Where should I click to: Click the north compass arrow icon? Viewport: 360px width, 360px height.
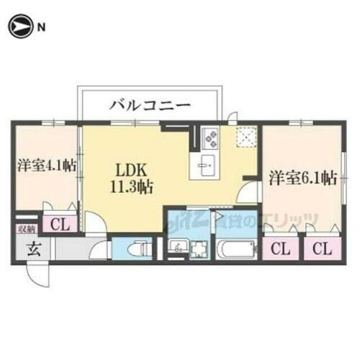pos(19,27)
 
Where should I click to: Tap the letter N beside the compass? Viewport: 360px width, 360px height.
pos(41,28)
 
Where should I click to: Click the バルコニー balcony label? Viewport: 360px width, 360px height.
pos(150,105)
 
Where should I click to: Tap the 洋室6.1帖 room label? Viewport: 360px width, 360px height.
pos(302,177)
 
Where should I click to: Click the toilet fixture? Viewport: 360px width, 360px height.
pos(139,248)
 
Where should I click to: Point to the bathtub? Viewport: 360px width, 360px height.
pos(235,249)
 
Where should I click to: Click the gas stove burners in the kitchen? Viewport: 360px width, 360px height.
pos(210,135)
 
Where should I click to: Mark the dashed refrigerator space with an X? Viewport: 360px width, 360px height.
pos(247,136)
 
